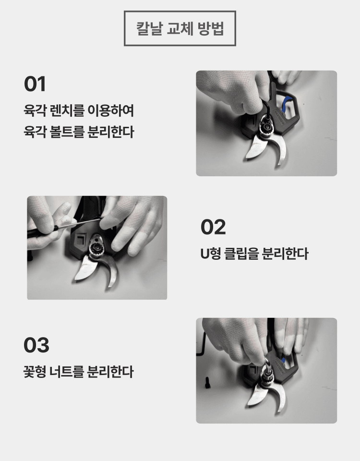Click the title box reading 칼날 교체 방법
[180, 28]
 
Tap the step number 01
[35, 84]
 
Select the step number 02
[213, 227]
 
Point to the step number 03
[36, 345]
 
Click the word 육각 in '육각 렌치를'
[34, 111]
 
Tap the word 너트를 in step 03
[65, 371]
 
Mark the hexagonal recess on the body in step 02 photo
[78, 239]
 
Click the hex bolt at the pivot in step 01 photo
[265, 127]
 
